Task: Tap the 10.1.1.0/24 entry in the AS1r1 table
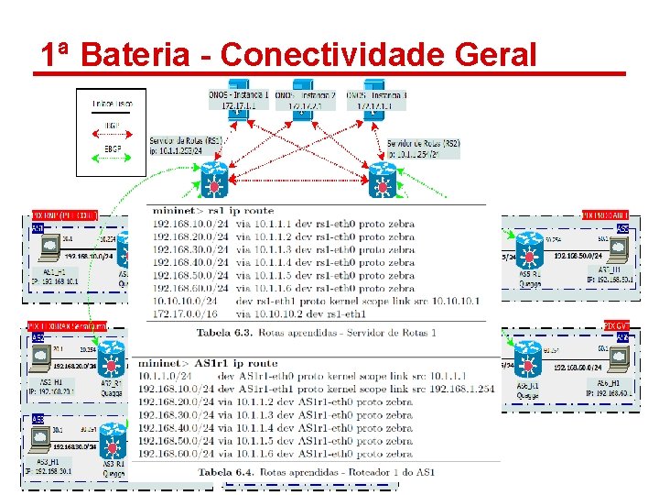[x=165, y=376]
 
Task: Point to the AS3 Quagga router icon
[x=112, y=439]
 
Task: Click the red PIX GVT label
[x=615, y=325]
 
